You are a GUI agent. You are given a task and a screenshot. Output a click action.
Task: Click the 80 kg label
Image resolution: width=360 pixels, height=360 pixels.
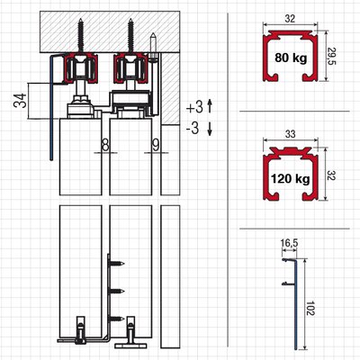[291, 58]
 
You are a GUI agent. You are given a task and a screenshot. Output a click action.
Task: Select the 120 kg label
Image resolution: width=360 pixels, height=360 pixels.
[291, 179]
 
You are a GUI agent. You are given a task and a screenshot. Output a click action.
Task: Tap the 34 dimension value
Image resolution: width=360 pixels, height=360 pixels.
[20, 101]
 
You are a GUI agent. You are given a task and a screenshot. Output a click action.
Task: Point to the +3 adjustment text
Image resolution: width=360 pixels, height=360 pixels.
[194, 107]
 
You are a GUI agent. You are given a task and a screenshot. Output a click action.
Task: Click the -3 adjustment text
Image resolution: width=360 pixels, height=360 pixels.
[193, 128]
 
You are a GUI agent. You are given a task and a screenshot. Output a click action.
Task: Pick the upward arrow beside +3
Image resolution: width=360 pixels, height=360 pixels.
[210, 106]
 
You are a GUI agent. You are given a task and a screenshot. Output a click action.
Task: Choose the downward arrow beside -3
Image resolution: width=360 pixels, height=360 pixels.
[210, 129]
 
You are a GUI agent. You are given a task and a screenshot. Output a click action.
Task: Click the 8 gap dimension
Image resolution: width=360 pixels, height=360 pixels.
[105, 146]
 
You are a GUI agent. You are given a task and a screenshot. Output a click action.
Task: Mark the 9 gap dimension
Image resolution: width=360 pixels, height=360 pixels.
[156, 146]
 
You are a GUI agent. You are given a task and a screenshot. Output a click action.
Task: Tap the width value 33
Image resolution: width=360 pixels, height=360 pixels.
[291, 134]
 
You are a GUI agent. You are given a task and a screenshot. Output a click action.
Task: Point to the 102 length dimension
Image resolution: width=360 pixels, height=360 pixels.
[310, 308]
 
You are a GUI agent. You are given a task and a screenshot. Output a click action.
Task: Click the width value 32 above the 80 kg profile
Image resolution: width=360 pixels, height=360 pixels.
[290, 19]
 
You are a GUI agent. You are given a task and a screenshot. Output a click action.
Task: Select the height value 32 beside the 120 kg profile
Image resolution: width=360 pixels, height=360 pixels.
[331, 175]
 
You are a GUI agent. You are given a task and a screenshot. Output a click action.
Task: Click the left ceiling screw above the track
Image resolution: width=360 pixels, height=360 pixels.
[81, 36]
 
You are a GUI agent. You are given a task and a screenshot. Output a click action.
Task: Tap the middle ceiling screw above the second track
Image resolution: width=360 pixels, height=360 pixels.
[130, 36]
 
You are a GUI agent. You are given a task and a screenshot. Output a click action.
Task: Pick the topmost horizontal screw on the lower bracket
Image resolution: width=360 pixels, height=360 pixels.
[117, 264]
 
